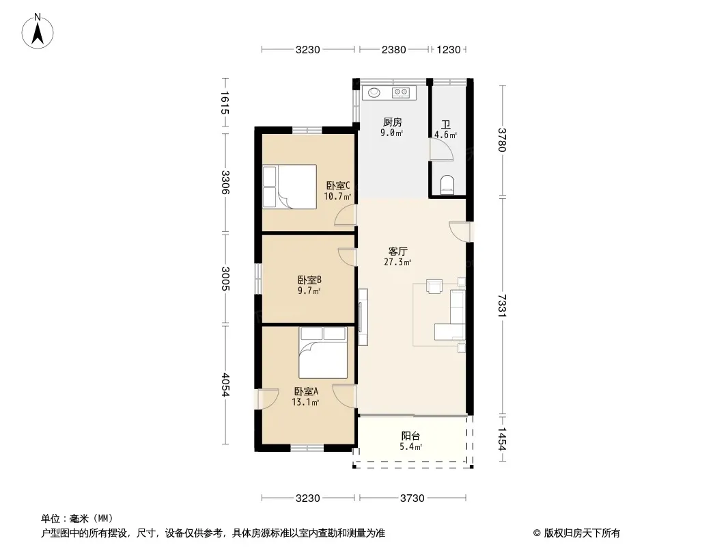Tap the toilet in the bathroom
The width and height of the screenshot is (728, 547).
tap(447, 185)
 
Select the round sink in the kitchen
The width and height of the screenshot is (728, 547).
tap(374, 93)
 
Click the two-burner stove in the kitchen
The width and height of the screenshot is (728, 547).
tap(401, 93)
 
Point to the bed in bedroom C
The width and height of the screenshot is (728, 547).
tap(290, 187)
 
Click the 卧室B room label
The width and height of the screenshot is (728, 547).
tap(309, 280)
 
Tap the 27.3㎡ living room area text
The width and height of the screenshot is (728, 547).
tap(397, 262)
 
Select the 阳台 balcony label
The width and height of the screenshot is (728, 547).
tap(410, 436)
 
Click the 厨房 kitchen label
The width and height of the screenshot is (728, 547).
tap(392, 122)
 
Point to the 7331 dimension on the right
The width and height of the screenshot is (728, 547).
tap(501, 306)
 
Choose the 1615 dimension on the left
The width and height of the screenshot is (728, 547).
tap(225, 103)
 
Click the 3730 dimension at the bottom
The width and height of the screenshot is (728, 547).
tap(412, 498)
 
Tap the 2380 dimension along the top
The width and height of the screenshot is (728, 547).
tap(394, 49)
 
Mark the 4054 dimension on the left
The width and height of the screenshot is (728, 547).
tap(225, 385)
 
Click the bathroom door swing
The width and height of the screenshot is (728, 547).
tap(441, 150)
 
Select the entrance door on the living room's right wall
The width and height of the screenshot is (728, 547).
tap(460, 232)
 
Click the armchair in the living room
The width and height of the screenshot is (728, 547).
tap(434, 286)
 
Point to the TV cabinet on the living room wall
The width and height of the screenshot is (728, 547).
tap(363, 317)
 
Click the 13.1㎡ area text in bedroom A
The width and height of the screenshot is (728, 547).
tap(305, 403)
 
